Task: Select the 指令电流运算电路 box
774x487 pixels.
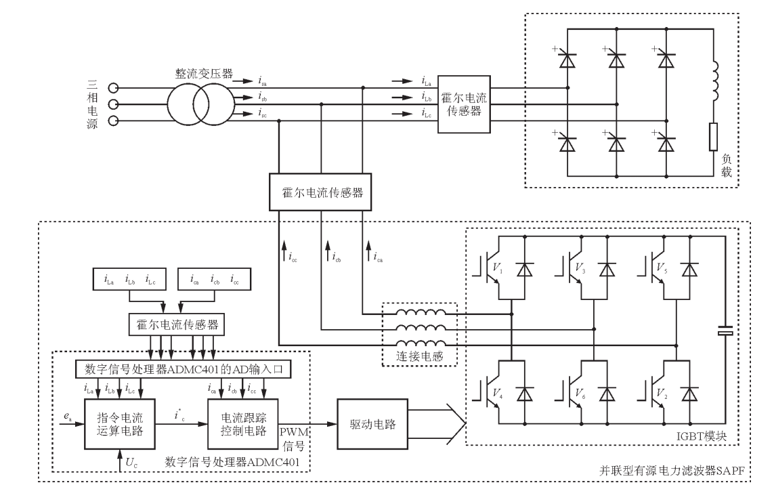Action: (x=120, y=425)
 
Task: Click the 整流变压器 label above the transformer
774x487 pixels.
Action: (x=206, y=74)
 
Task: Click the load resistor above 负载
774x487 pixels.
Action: (x=713, y=137)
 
